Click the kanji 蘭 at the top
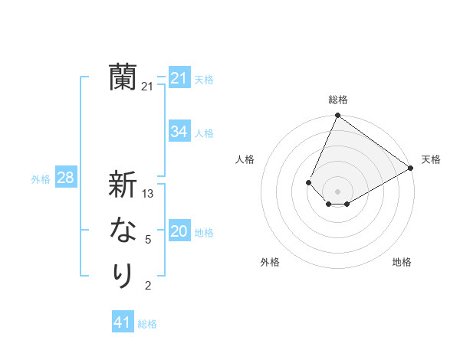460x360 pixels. coord(123,77)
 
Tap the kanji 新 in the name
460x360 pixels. coord(123,185)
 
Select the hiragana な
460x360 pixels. coord(123,231)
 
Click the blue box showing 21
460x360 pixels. coord(179,78)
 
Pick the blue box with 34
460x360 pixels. coord(179,132)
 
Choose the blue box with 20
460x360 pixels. coord(179,231)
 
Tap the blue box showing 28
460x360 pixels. coord(66,178)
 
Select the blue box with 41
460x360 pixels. coord(123,322)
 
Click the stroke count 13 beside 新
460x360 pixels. coord(148,194)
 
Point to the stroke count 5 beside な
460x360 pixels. coord(148,240)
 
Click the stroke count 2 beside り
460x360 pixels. coord(148,286)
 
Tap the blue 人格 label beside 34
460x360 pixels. coord(204,133)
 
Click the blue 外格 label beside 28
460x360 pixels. coord(41,179)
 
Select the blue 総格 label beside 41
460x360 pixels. coord(147,324)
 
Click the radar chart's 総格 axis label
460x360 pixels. coord(337,100)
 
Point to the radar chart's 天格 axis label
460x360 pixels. coord(431,159)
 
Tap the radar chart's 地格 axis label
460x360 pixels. coord(402,262)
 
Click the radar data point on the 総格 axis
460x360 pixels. coord(337,116)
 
